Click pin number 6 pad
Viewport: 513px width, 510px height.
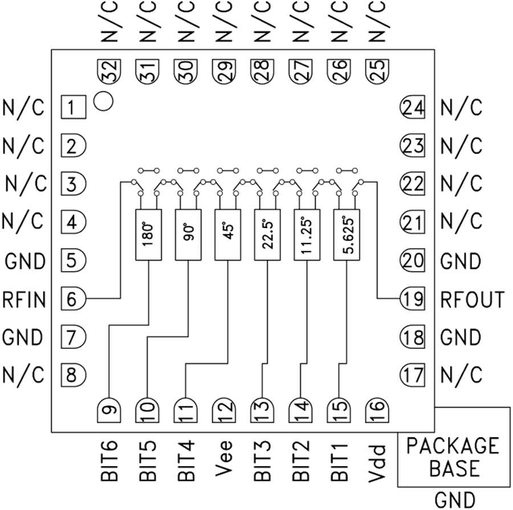(x=72, y=298)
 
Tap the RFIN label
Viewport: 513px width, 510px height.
(x=24, y=299)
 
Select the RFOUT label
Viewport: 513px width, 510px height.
(x=473, y=299)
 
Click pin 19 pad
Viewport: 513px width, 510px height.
(x=413, y=298)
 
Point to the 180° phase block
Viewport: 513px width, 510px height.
(x=148, y=235)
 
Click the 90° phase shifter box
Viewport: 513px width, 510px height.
(x=188, y=235)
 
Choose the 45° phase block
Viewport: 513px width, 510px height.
(x=227, y=235)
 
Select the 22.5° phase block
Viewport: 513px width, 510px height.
(x=267, y=235)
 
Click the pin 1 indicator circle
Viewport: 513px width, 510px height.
(x=104, y=101)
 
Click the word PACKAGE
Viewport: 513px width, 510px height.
(x=453, y=446)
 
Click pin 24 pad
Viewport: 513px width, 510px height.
(x=413, y=107)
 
